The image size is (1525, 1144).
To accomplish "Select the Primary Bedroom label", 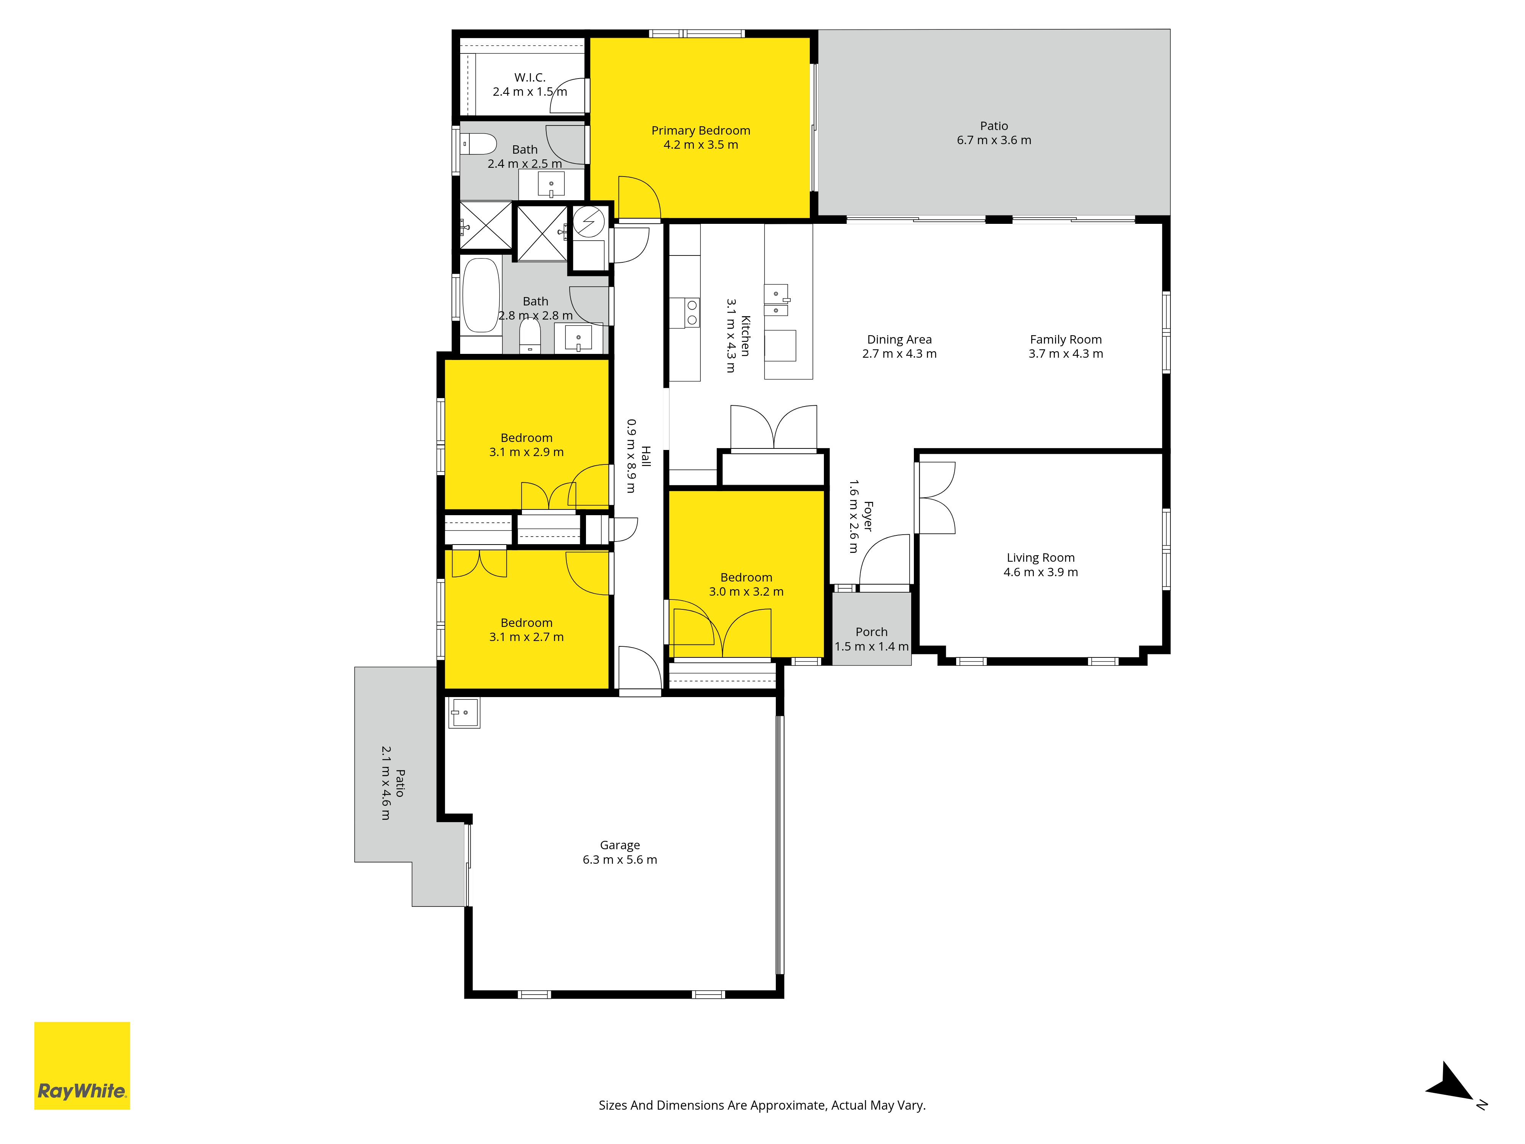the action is tap(700, 130).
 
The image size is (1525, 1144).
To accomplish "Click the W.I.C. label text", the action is tap(530, 77).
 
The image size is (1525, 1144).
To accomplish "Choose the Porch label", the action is tap(872, 631).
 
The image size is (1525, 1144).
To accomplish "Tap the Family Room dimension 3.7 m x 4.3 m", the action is tap(1066, 354).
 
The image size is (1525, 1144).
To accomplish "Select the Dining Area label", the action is tap(899, 339).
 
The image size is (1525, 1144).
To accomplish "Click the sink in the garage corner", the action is tap(464, 712).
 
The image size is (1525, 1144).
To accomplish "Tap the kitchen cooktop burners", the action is tap(692, 312).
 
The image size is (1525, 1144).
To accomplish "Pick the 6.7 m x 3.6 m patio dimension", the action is tap(994, 140).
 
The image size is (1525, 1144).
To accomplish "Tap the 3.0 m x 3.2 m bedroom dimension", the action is tap(746, 592).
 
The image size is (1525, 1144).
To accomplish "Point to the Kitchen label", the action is tap(745, 336).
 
